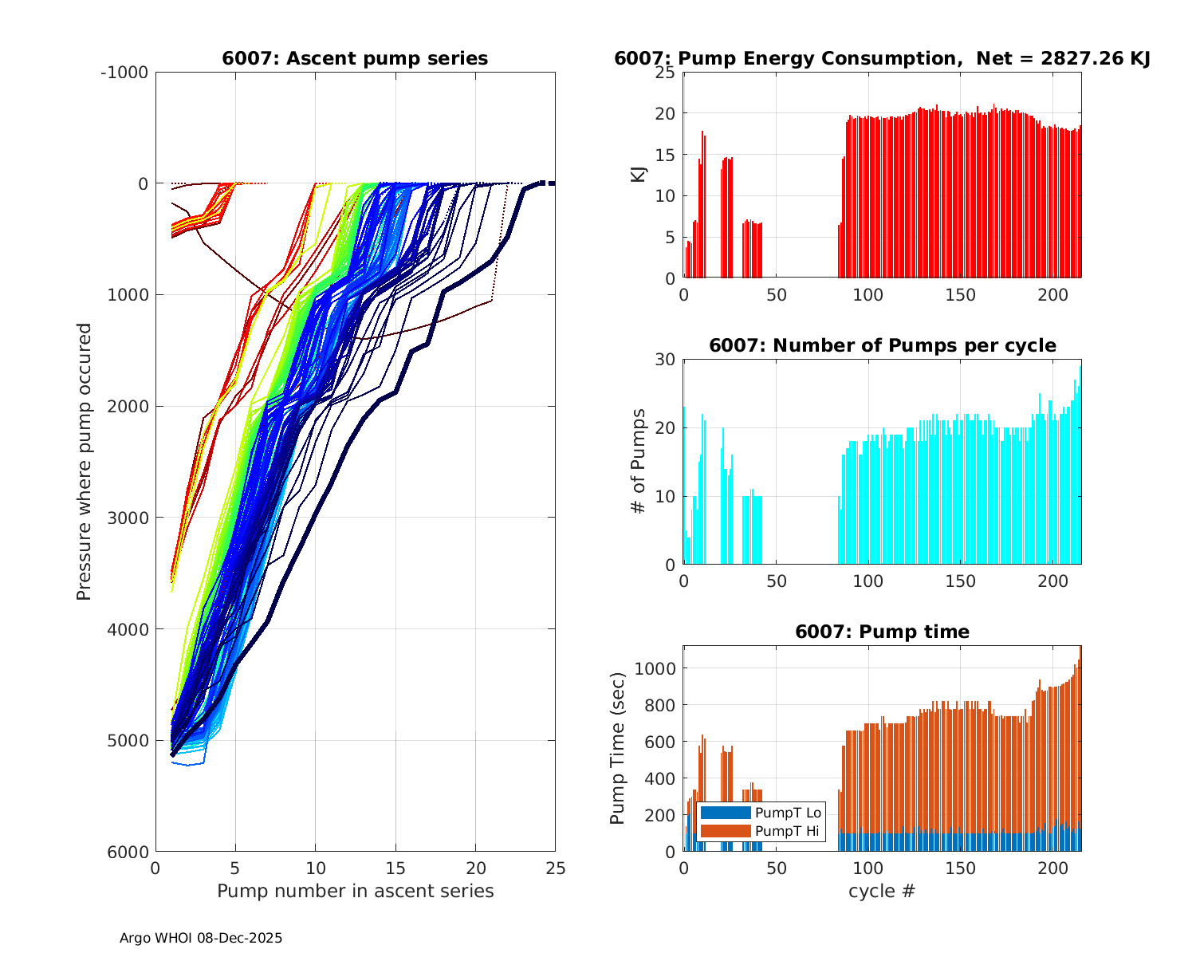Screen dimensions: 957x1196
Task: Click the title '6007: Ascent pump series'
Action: (x=355, y=58)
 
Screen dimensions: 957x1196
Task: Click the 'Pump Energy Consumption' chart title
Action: (x=882, y=58)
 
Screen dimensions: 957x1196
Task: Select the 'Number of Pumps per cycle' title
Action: (x=882, y=345)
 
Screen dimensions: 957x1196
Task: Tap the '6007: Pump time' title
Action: (x=882, y=632)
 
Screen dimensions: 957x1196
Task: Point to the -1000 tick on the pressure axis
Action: (x=124, y=73)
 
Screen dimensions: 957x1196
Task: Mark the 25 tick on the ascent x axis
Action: (x=555, y=868)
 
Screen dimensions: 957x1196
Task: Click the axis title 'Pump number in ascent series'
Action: (x=355, y=891)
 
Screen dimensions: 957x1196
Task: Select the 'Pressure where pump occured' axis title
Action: (x=84, y=462)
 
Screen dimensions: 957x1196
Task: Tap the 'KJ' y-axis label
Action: (x=639, y=175)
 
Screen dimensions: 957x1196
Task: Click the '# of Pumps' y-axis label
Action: (x=639, y=461)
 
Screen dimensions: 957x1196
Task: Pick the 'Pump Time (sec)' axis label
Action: (x=618, y=748)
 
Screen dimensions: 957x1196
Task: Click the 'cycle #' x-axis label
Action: (x=882, y=891)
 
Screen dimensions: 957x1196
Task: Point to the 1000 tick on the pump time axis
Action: (x=655, y=668)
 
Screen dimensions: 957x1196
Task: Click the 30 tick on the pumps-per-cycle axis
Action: (x=666, y=360)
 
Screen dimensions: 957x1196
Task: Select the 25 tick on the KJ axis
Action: (x=666, y=73)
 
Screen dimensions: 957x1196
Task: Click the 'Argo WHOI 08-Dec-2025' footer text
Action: (x=201, y=938)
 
